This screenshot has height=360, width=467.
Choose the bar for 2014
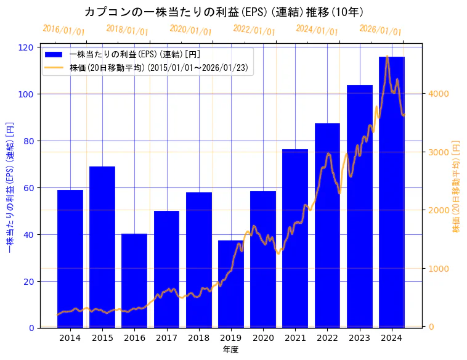coord(70,259)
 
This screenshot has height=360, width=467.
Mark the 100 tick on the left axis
coord(28,94)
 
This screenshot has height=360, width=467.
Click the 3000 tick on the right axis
coord(438,152)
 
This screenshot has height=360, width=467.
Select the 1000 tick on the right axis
coord(438,269)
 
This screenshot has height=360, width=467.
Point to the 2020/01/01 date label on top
coord(190,30)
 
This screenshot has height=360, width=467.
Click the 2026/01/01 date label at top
coord(380,30)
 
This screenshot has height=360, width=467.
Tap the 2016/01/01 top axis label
coord(64,30)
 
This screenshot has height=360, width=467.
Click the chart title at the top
coord(224,12)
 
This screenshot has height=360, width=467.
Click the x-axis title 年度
coord(230,349)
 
